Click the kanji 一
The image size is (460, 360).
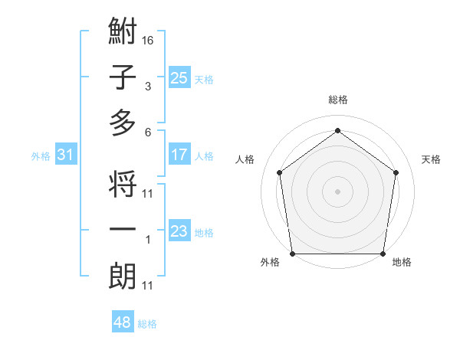[123, 231]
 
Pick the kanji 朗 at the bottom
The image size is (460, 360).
[123, 277]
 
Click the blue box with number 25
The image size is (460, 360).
[179, 77]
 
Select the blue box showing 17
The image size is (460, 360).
[179, 155]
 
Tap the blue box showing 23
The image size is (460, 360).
[179, 231]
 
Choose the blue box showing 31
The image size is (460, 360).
[66, 155]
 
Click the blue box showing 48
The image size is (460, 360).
[123, 322]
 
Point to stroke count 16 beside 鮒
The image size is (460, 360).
[148, 40]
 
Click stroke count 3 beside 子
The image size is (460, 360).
[148, 86]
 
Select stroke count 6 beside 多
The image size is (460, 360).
[148, 131]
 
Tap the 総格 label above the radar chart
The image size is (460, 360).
[338, 100]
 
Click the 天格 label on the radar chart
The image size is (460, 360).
[432, 159]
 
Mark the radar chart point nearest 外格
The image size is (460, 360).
[292, 254]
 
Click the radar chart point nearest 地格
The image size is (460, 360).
[383, 254]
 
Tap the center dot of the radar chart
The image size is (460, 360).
[338, 191]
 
